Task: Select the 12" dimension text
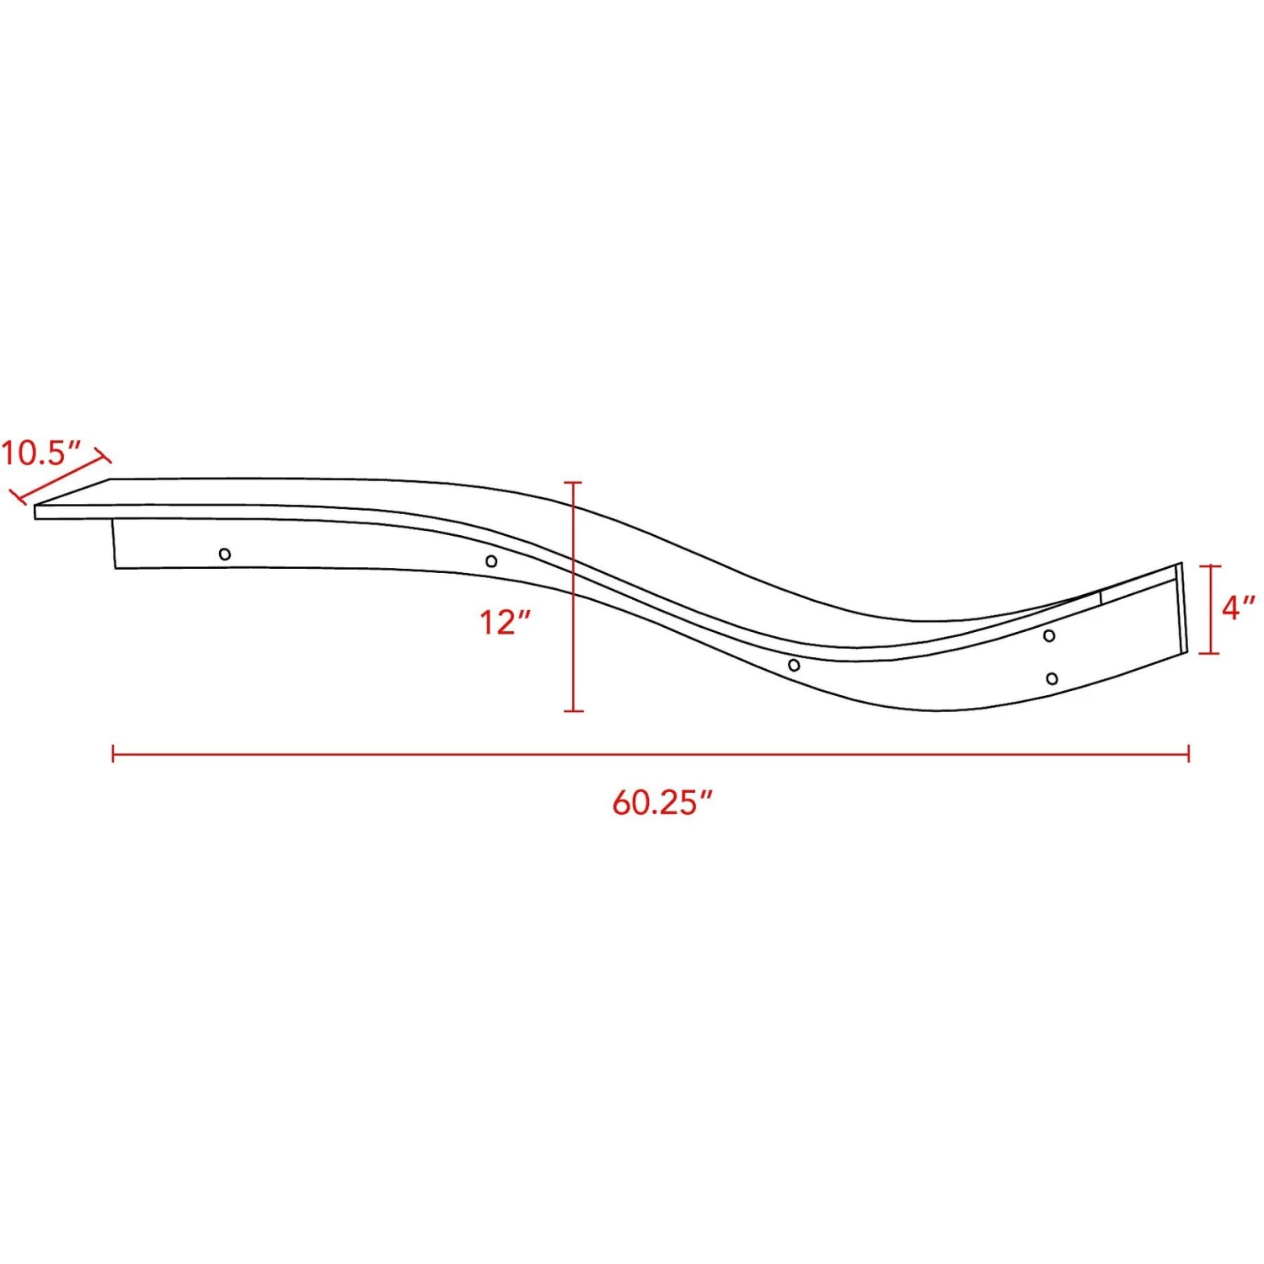505,623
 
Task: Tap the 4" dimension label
1238,607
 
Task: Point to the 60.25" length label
662,802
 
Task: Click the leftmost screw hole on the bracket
225,554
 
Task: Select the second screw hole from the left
491,561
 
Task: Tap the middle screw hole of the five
794,666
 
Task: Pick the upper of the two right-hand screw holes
1049,635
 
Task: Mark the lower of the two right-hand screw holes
1052,678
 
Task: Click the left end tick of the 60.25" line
113,753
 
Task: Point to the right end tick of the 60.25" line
1188,753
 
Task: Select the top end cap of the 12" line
573,483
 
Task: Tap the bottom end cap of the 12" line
573,711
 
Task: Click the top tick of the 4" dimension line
1210,565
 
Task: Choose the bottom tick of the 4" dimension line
1210,653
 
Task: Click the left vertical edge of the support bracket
114,544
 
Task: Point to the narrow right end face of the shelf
1182,607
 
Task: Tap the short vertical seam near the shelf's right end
1101,597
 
